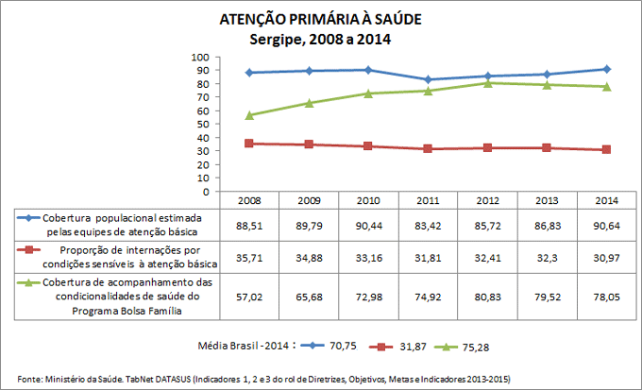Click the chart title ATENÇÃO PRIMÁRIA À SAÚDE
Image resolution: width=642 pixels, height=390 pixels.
coord(320,19)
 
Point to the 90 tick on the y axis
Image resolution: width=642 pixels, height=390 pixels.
coord(201,70)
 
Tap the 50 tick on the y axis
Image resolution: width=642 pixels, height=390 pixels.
coord(201,124)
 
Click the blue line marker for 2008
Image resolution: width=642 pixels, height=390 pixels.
coord(249,73)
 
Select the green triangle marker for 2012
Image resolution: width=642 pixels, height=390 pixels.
coord(488,83)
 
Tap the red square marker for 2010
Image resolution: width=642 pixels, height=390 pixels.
coord(368,146)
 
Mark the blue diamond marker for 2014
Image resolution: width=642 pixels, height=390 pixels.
coord(607,69)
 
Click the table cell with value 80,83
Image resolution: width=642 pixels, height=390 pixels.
coord(489,295)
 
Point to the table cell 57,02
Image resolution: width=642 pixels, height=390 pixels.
coord(250,295)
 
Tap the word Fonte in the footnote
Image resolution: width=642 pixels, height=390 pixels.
coord(31,379)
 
